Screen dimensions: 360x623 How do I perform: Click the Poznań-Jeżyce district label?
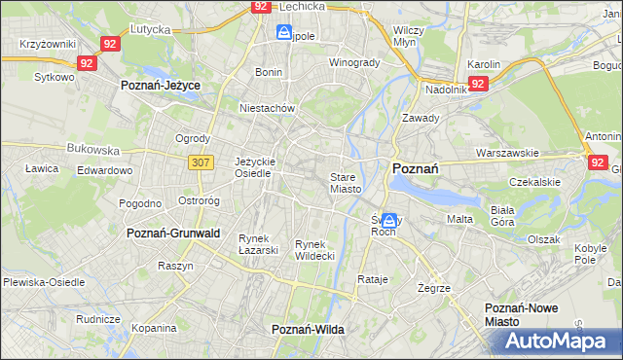tap(161, 86)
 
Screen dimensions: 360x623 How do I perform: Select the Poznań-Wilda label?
tap(308, 330)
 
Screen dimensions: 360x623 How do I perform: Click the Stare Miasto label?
tap(346, 183)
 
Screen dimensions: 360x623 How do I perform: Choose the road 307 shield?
tap(202, 162)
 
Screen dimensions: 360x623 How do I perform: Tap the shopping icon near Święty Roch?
tap(389, 221)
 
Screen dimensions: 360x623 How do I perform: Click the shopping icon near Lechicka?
tap(283, 33)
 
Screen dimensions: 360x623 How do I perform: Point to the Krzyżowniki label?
tap(48, 46)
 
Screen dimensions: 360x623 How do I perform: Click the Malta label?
tap(459, 219)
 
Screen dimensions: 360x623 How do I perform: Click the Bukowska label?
tap(92, 151)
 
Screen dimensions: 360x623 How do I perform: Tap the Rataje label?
tap(373, 279)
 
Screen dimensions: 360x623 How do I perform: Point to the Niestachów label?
tap(267, 109)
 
